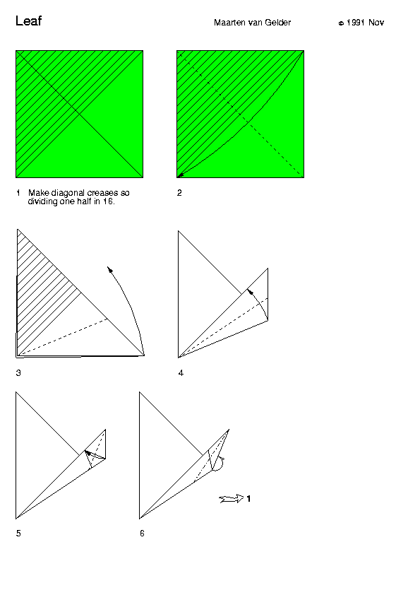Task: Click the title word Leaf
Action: click(28, 20)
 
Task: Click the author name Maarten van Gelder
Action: click(252, 23)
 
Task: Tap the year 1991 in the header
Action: click(356, 23)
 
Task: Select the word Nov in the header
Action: click(376, 23)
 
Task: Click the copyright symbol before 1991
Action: click(341, 23)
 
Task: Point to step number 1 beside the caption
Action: click(18, 193)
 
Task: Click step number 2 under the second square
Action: click(179, 193)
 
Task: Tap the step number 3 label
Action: click(18, 373)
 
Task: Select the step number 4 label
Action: click(181, 373)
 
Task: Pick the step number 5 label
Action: click(18, 533)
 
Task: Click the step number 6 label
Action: click(142, 533)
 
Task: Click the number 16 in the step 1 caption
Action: click(108, 201)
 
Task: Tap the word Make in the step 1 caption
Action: click(38, 193)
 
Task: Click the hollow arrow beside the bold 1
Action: click(232, 499)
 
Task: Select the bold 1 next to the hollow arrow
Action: click(248, 499)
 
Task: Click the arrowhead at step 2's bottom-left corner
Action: click(181, 175)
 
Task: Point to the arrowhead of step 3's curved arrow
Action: click(110, 269)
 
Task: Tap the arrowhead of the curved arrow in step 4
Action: click(250, 291)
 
